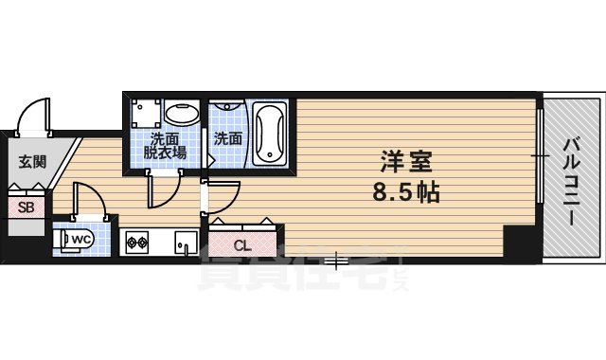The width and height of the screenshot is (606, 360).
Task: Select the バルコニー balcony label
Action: (573, 180)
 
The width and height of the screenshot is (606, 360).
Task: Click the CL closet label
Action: (242, 245)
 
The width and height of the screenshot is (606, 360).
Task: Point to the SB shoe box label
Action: (25, 207)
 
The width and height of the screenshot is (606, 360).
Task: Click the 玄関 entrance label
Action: (32, 161)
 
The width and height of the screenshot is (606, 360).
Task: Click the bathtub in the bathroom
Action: (268, 133)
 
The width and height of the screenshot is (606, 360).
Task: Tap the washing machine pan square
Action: (145, 116)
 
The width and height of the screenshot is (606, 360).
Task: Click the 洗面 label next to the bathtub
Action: (227, 138)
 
